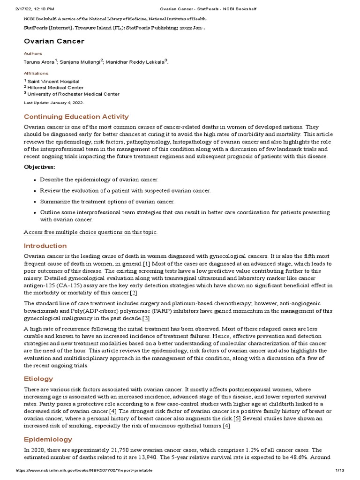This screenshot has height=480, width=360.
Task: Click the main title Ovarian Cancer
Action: click(x=54, y=41)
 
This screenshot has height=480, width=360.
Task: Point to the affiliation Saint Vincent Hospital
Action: click(x=53, y=82)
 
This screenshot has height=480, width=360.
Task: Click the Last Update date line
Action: click(x=54, y=102)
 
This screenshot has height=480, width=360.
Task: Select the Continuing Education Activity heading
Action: click(x=76, y=117)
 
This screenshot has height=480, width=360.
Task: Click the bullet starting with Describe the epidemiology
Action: click(x=99, y=180)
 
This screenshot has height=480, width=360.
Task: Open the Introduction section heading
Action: click(x=45, y=246)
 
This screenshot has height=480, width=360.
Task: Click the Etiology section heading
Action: click(x=38, y=379)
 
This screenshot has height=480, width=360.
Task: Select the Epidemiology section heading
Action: click(x=48, y=439)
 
